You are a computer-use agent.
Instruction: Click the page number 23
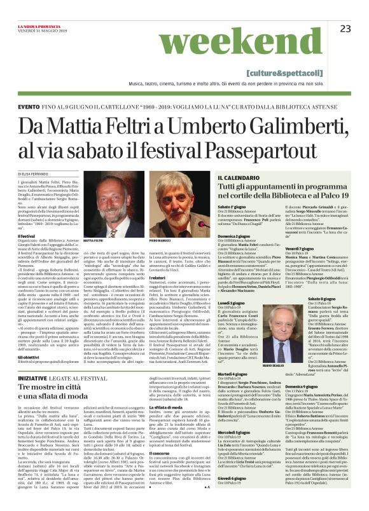click(x=345, y=28)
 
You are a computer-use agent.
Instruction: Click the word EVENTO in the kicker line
click(x=29, y=107)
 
